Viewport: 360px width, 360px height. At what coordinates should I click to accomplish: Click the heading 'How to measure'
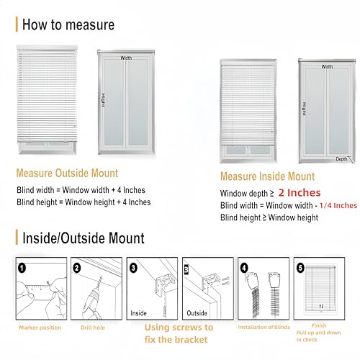[x=68, y=24]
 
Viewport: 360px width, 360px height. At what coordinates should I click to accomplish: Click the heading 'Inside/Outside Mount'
[x=84, y=237]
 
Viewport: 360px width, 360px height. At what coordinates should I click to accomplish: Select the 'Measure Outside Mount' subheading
[x=68, y=173]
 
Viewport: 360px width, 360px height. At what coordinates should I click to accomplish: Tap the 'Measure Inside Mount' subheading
[x=267, y=176]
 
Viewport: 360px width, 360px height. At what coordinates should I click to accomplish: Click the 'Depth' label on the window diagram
[x=341, y=158]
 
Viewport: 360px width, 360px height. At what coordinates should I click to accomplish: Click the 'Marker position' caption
[x=40, y=327]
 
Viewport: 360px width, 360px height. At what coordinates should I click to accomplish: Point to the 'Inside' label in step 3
[x=140, y=313]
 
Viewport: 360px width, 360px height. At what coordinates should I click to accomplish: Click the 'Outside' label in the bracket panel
[x=197, y=313]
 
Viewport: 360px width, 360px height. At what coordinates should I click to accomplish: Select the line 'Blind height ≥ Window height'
[x=270, y=217]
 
